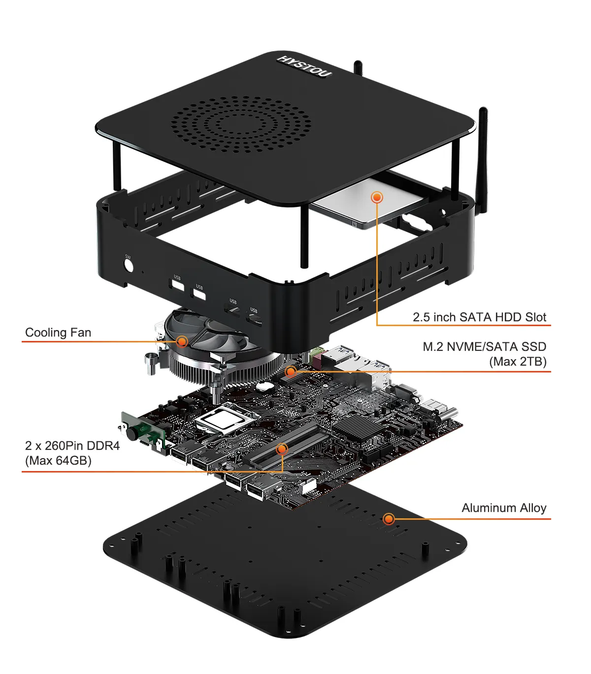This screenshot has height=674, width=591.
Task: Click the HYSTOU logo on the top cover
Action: coord(304,67)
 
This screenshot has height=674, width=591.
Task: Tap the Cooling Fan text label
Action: coord(58,333)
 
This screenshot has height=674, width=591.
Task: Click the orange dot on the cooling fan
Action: coord(182,341)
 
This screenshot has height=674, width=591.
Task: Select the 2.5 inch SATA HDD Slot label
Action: coord(479,317)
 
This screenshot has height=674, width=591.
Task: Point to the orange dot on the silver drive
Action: coord(377,197)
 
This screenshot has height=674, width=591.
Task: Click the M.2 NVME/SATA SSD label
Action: coord(484,347)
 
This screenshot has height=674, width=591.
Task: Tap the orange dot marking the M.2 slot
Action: coord(291,371)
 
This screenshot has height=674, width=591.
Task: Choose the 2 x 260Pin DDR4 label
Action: coord(72,446)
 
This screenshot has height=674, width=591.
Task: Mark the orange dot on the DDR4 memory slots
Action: coord(282,449)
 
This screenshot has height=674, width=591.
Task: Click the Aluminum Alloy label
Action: coord(504,508)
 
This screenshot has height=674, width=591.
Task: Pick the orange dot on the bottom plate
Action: coord(389,519)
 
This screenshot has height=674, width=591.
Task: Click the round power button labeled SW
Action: coord(129,266)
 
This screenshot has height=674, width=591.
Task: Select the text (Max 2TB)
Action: coord(518,362)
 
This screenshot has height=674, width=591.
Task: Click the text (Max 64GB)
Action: coord(58,461)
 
